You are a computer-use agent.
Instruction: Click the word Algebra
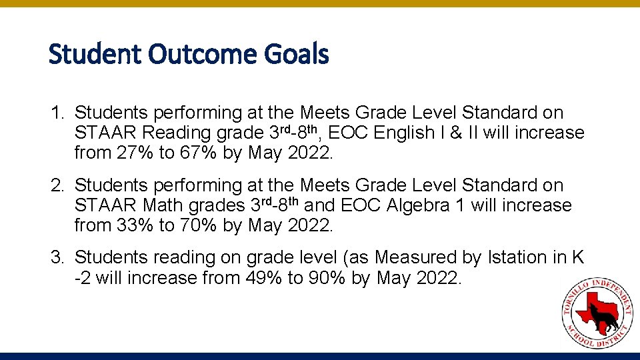[x=417, y=205]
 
